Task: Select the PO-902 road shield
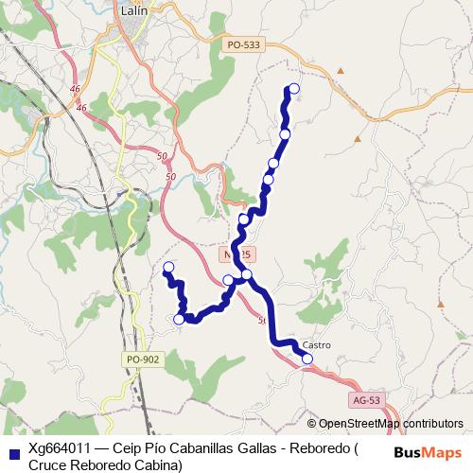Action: tap(141, 359)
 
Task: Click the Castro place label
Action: tap(317, 345)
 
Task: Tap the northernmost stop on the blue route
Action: tap(293, 89)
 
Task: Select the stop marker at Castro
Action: tap(307, 359)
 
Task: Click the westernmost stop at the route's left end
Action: tap(168, 267)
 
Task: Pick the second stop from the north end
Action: tap(285, 134)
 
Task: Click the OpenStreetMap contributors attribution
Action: tap(391, 424)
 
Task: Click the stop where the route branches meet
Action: tap(246, 275)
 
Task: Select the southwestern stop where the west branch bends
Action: tap(179, 320)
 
